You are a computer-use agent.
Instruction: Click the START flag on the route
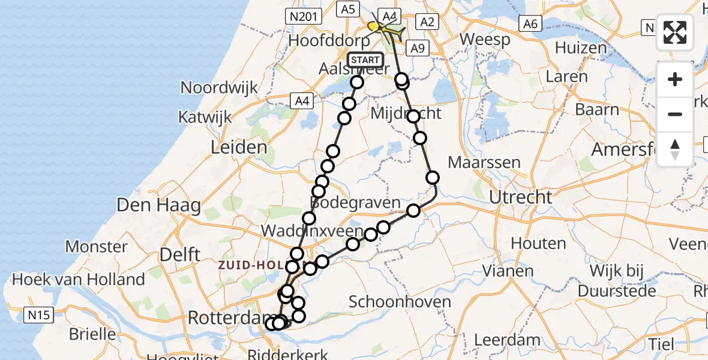click(x=365, y=60)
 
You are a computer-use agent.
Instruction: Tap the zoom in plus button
click(x=675, y=80)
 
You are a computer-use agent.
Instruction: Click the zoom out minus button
click(x=675, y=114)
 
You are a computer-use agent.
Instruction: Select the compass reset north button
click(x=675, y=149)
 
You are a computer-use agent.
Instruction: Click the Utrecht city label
click(x=520, y=197)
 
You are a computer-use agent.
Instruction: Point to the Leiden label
click(x=239, y=147)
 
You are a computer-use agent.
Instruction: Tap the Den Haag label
click(x=158, y=206)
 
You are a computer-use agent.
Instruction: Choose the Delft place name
click(x=179, y=254)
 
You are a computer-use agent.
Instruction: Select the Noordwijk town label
click(x=219, y=87)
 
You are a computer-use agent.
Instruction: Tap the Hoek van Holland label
click(x=79, y=279)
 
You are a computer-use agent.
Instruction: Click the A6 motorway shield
click(x=530, y=23)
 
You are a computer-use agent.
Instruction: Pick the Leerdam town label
click(x=507, y=340)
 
